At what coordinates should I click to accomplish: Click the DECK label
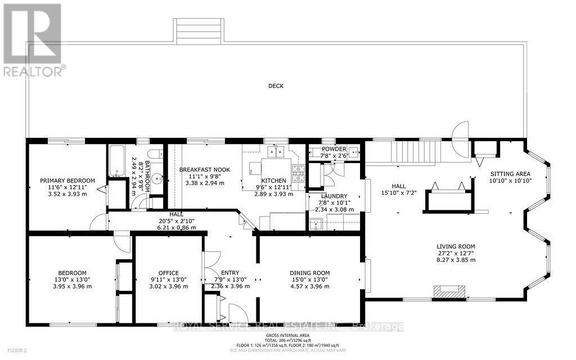(276, 86)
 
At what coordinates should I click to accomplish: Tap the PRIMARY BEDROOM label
(67, 181)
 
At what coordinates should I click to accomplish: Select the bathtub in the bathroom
(118, 161)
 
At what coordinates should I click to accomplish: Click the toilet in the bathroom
(154, 156)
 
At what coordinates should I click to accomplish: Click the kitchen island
(276, 166)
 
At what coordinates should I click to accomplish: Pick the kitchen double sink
(275, 151)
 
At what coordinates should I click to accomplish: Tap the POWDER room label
(334, 148)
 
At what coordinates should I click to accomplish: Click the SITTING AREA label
(508, 174)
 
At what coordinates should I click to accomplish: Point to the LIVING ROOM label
(456, 246)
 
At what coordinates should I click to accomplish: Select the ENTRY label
(230, 272)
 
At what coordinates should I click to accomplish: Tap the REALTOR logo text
(34, 71)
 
